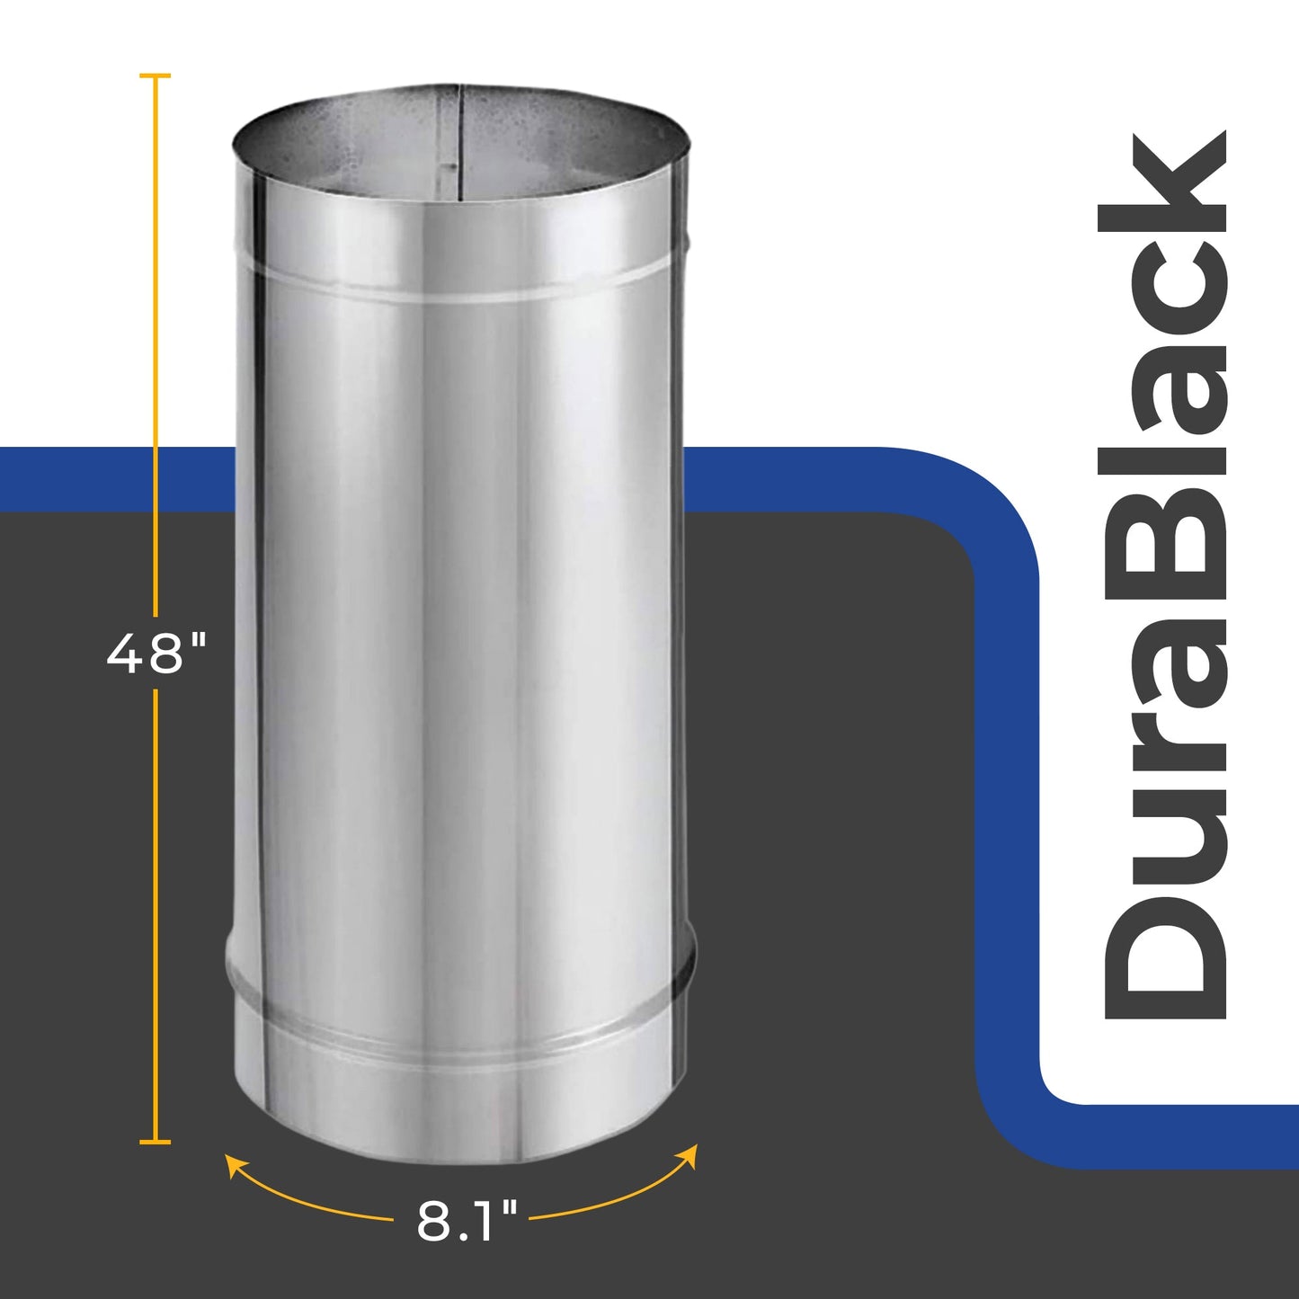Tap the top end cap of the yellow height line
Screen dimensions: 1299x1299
pos(156,76)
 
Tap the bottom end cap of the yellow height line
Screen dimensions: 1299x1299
pos(156,1142)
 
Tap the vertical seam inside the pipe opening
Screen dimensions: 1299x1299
pos(460,144)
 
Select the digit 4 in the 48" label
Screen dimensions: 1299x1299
pos(123,654)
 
